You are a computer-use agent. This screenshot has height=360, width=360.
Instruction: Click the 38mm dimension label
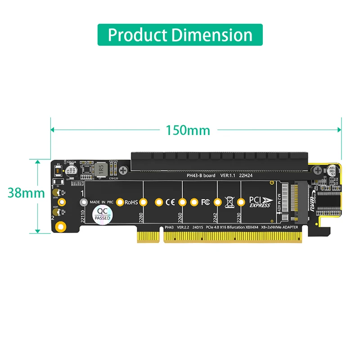pyautogui.click(x=26, y=193)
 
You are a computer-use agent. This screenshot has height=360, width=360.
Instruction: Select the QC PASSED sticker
pyautogui.click(x=103, y=215)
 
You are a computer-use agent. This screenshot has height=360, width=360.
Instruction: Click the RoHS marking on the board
pyautogui.click(x=131, y=202)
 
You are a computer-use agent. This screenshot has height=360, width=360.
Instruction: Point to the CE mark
pyautogui.click(x=170, y=202)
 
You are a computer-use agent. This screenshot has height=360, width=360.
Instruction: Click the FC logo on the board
pyautogui.click(x=206, y=202)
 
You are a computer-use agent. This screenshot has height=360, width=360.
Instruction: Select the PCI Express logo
pyautogui.click(x=260, y=202)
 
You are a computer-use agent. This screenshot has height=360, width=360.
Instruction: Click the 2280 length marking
pyautogui.click(x=141, y=216)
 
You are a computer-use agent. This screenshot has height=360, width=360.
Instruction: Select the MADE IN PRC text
pyautogui.click(x=101, y=202)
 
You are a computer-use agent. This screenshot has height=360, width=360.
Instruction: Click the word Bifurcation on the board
pyautogui.click(x=245, y=228)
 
